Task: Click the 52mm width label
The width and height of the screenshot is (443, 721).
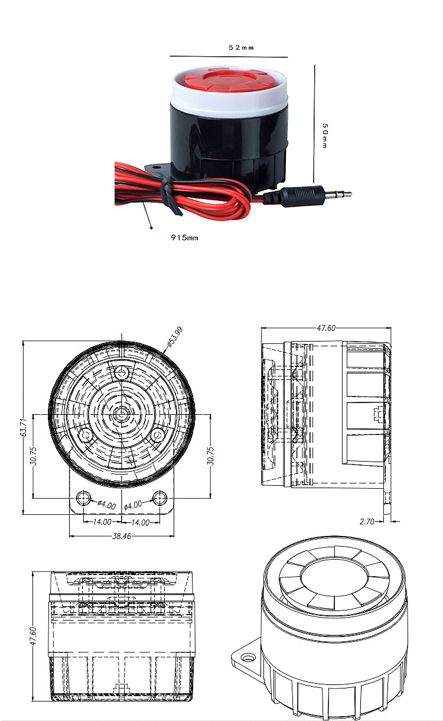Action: pyautogui.click(x=241, y=48)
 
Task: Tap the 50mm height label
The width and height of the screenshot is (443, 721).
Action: pyautogui.click(x=325, y=135)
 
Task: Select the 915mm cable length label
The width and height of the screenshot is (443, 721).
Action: pyautogui.click(x=184, y=238)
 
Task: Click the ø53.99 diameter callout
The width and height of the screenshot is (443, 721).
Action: pyautogui.click(x=175, y=337)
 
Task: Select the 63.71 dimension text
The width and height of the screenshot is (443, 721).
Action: pyautogui.click(x=24, y=427)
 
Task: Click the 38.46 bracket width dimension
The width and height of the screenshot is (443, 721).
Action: pyautogui.click(x=122, y=536)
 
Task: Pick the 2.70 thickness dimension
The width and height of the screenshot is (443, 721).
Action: pyautogui.click(x=367, y=521)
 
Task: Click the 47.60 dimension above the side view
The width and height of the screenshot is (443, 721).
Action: pyautogui.click(x=326, y=328)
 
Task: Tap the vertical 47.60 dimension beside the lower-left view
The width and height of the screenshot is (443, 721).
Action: pyautogui.click(x=33, y=636)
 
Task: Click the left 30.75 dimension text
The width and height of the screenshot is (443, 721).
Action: pyautogui.click(x=33, y=456)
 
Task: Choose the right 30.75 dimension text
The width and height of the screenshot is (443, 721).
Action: pyautogui.click(x=211, y=456)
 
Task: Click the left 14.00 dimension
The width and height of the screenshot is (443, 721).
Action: pyautogui.click(x=102, y=522)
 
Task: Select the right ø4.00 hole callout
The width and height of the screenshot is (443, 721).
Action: pyautogui.click(x=133, y=505)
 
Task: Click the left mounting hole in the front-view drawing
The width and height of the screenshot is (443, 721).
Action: pyautogui.click(x=83, y=498)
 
